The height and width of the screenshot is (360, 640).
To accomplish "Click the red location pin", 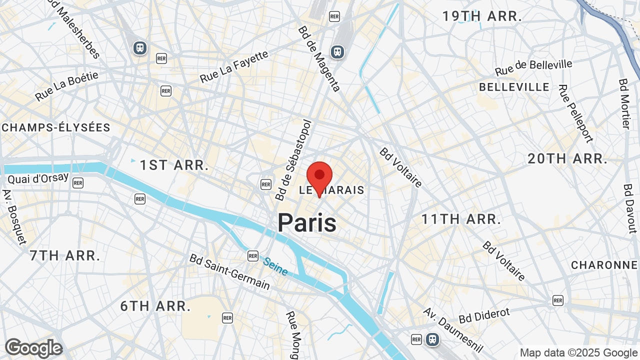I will pos(319,176).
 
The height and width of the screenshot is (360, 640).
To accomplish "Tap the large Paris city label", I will pos(307,222).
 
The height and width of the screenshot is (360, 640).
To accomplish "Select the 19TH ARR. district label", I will pos(482,16).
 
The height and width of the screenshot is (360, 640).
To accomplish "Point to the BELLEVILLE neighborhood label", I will pos(514,87).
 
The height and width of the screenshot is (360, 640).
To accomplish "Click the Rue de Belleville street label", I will pos(533,67).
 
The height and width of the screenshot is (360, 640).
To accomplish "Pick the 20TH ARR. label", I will pos(567,159).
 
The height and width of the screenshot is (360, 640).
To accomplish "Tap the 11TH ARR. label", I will pos(461,219).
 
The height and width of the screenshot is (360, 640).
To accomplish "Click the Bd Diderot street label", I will pos(484,316).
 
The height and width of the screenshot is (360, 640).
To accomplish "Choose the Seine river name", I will pos(275,266).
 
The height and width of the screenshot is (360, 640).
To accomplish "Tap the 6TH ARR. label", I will pos(155,306).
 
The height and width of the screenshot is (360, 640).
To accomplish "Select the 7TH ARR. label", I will pos(65,255).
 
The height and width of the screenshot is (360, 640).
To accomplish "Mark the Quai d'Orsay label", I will pos(38,178).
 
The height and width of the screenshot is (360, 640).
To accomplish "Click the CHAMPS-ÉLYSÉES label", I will pos(55,127).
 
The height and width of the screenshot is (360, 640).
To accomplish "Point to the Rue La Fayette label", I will pos(234,66).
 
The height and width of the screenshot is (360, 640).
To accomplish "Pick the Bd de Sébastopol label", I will pos(293,160).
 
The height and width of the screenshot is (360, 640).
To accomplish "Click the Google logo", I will pos(33,348).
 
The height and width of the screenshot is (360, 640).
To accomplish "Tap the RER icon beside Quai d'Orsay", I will pos(77,183).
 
